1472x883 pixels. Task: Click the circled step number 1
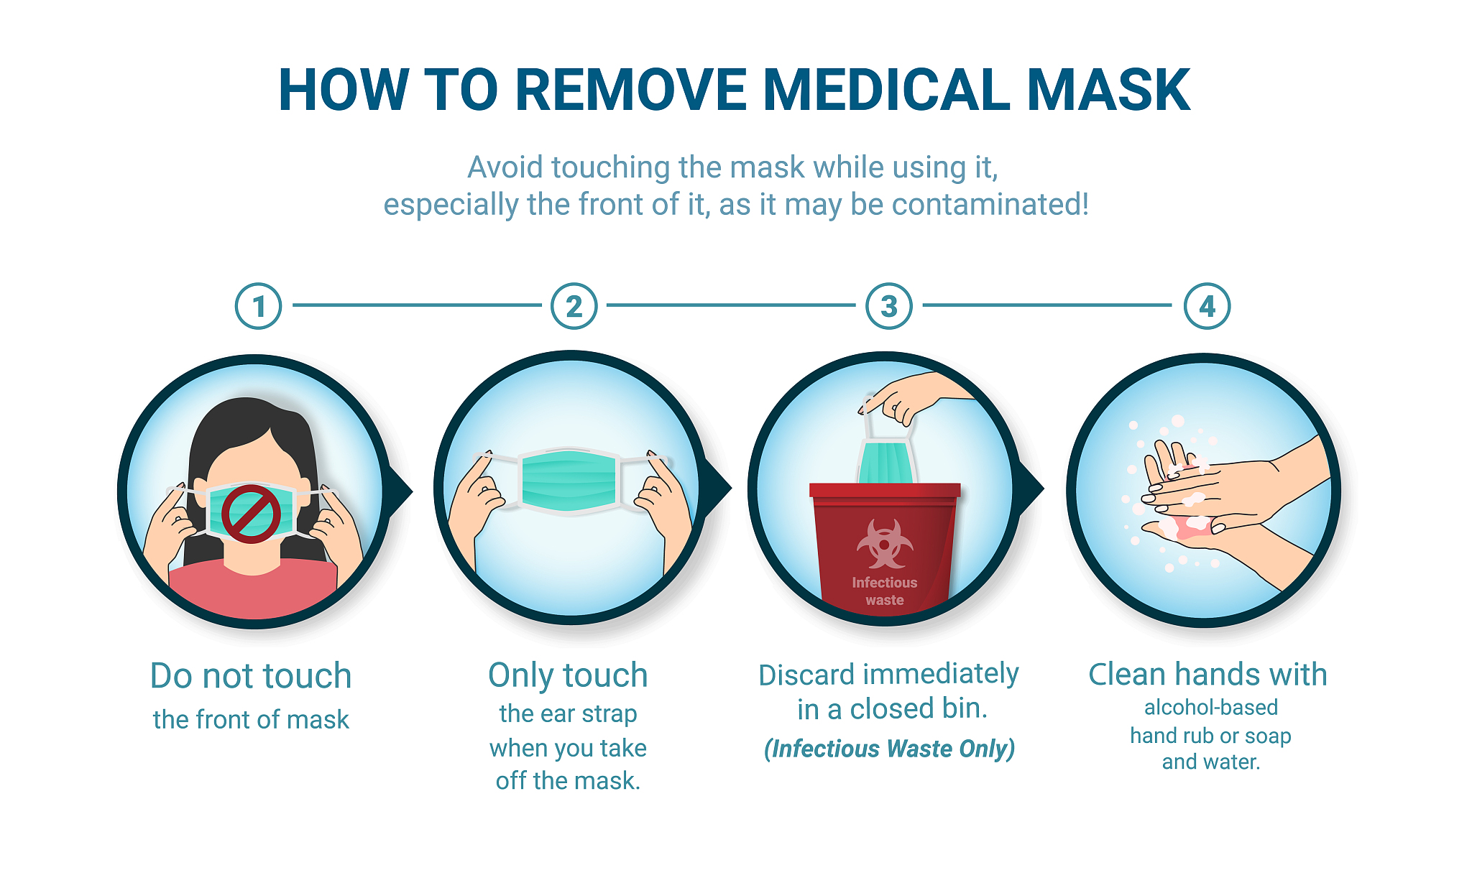click(x=258, y=306)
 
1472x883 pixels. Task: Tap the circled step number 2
click(x=574, y=306)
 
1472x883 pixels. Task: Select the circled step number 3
click(x=889, y=306)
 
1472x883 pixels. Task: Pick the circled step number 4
click(x=1207, y=306)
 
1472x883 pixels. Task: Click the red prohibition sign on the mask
click(x=251, y=513)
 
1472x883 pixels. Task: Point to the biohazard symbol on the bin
click(x=885, y=544)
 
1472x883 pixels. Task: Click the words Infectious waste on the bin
click(x=885, y=591)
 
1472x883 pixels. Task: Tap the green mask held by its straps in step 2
click(x=569, y=481)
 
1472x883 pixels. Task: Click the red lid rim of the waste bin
click(x=885, y=490)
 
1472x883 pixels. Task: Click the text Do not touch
click(x=251, y=676)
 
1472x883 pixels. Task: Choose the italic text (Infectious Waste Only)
click(x=889, y=749)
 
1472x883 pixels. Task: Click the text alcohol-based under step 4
click(x=1211, y=708)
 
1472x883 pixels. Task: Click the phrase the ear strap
click(x=568, y=714)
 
